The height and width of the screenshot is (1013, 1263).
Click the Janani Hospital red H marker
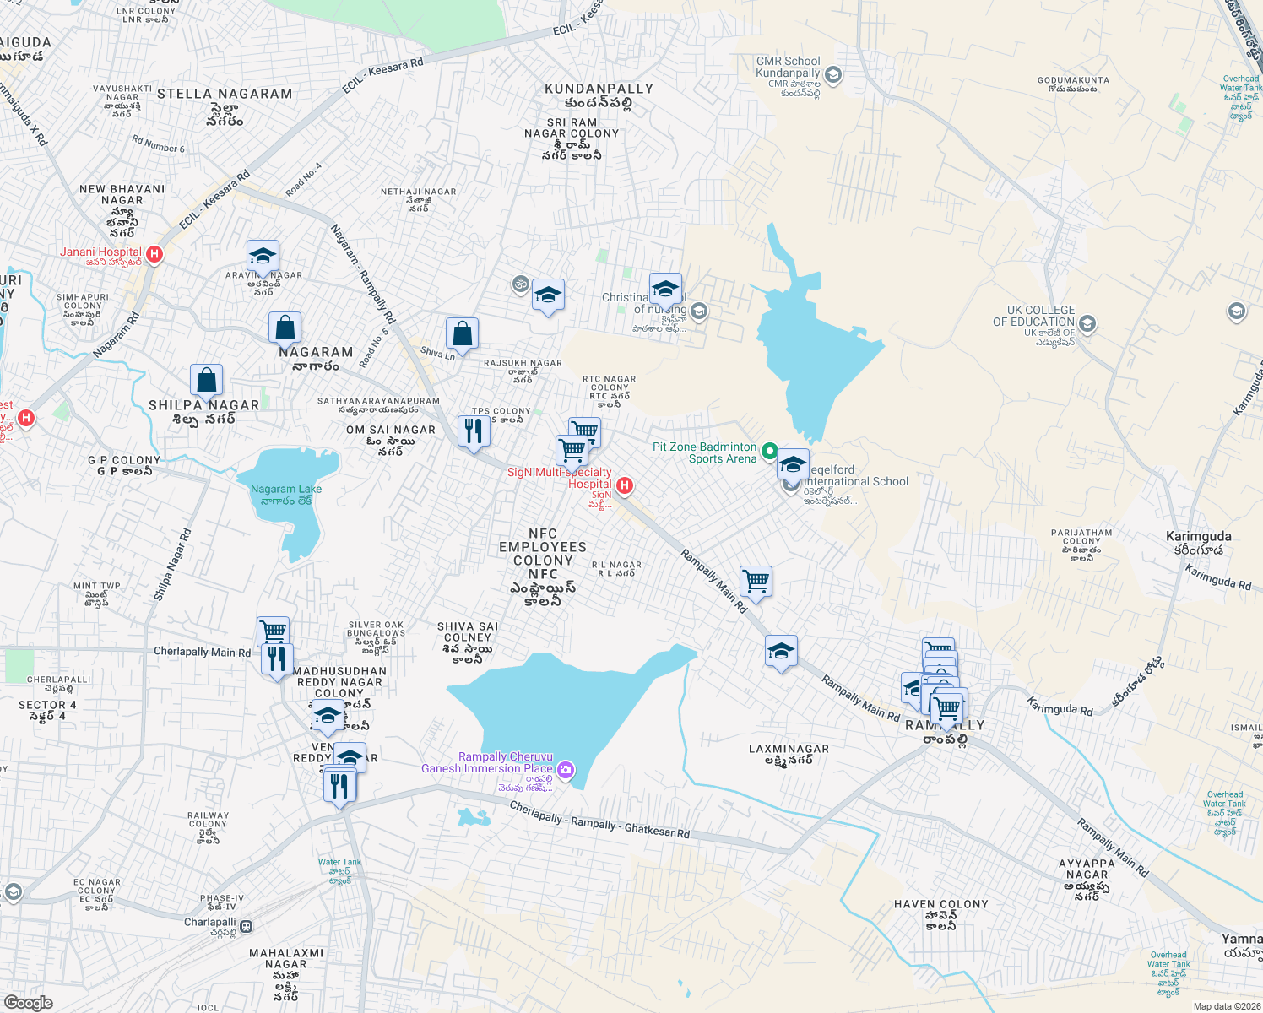tap(154, 253)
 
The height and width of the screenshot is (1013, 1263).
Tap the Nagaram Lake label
tap(285, 495)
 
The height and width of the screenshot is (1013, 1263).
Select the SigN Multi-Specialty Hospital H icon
tap(625, 485)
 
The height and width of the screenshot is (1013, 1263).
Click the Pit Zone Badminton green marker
tap(769, 451)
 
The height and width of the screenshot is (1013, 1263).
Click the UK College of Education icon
tap(1087, 323)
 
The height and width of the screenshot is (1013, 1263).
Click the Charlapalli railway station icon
tap(246, 926)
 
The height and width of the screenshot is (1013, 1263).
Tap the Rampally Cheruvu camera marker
tap(566, 769)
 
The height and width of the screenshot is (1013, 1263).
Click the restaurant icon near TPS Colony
tap(474, 431)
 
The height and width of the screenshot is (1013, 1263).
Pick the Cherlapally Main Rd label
tap(202, 652)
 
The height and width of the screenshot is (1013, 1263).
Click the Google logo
tap(28, 1002)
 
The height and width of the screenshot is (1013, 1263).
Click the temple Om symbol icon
tap(521, 284)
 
